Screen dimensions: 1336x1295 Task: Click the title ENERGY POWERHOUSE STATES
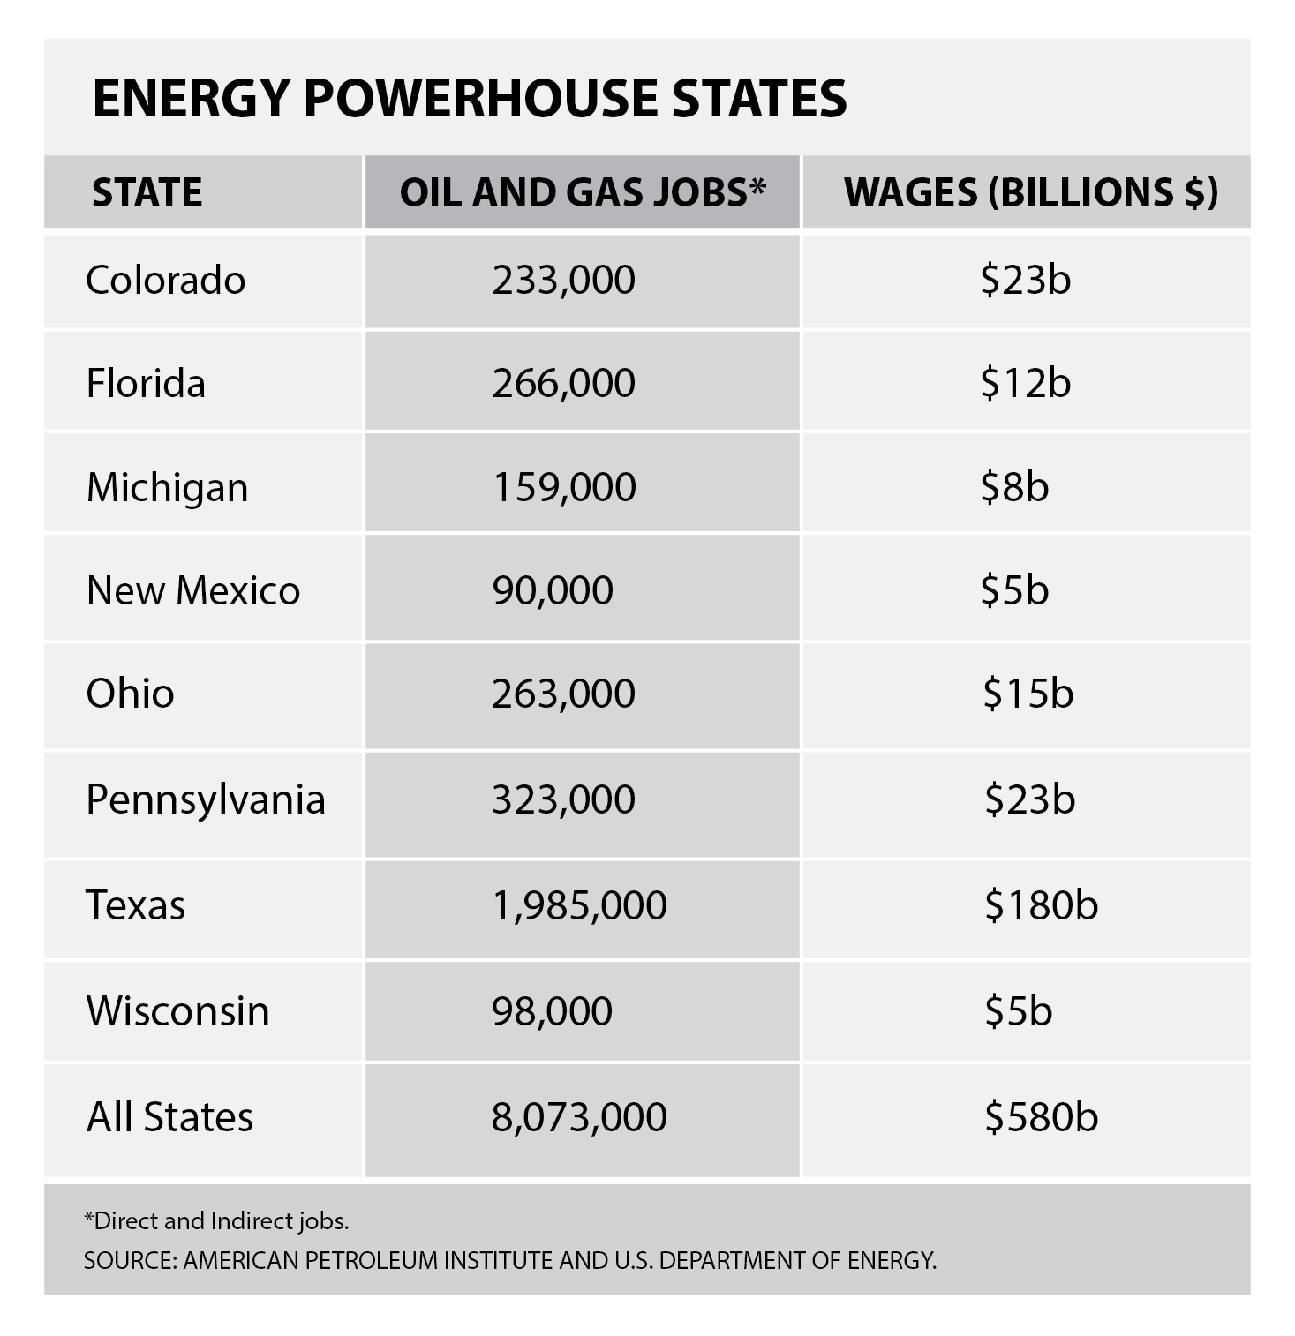(x=469, y=97)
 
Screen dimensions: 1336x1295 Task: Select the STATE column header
(x=147, y=192)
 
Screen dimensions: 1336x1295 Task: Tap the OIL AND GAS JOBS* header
(x=582, y=192)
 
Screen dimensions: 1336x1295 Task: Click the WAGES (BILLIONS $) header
(x=1030, y=192)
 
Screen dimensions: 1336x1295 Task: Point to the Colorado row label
(x=165, y=281)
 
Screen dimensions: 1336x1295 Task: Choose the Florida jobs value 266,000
(x=563, y=383)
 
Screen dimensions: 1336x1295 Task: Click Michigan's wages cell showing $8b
(x=1014, y=487)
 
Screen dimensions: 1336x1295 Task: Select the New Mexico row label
(x=193, y=590)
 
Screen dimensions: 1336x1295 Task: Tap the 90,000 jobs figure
(x=553, y=590)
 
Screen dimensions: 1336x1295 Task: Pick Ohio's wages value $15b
(x=1028, y=694)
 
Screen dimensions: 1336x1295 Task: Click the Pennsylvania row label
(x=206, y=799)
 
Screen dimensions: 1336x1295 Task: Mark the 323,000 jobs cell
(x=563, y=799)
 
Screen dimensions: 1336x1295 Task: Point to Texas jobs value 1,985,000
(x=579, y=905)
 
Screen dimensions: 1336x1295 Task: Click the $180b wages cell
(x=1041, y=905)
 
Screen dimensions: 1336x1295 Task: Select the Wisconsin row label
(x=177, y=1010)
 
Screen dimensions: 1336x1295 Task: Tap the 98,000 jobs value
(x=553, y=1010)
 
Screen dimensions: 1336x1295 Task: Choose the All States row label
(x=169, y=1116)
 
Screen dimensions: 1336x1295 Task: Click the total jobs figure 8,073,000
(x=579, y=1116)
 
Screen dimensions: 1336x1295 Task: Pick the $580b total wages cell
(x=1041, y=1116)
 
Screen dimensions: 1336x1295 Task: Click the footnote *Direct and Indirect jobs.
(x=216, y=1221)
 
